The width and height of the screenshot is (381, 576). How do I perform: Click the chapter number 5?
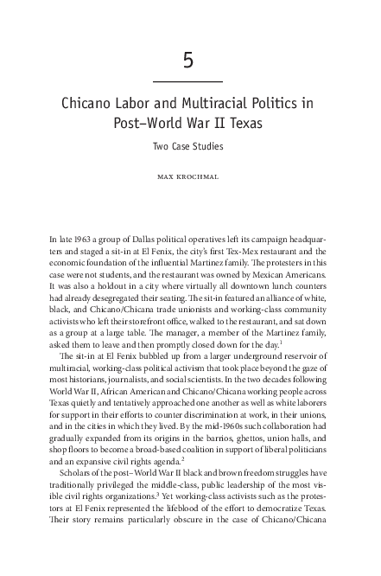point(189,60)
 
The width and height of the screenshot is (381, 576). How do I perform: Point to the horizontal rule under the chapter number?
point(189,82)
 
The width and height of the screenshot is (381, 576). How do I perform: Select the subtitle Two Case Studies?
point(190,147)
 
